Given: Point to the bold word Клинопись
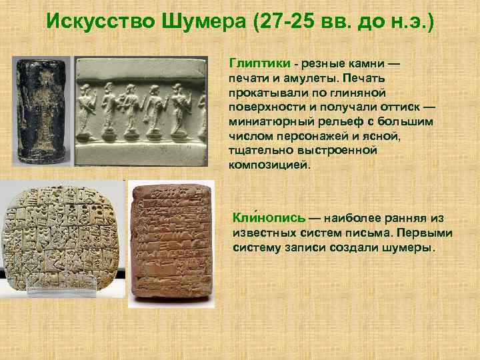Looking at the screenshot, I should pos(269,219).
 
